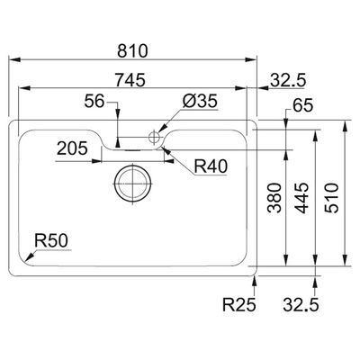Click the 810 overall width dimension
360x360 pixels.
[x=132, y=51]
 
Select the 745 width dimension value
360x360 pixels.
[x=130, y=80]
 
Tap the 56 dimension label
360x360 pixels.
[x=94, y=101]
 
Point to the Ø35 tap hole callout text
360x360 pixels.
[x=200, y=102]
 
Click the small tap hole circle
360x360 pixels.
[x=154, y=137]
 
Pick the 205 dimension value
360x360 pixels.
[x=72, y=148]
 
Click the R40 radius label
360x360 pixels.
[x=211, y=166]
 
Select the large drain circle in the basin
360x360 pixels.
[x=132, y=183]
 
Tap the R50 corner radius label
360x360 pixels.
[x=51, y=241]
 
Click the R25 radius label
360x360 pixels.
[x=239, y=305]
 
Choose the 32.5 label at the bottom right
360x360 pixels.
[x=301, y=305]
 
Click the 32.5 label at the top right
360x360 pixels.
[x=288, y=80]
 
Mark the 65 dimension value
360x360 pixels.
[x=303, y=105]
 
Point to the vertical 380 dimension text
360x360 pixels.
[x=274, y=198]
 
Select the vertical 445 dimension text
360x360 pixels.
[x=301, y=198]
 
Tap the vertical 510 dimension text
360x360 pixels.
[x=332, y=198]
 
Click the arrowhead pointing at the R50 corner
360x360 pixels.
[x=29, y=257]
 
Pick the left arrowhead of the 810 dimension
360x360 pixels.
[x=13, y=59]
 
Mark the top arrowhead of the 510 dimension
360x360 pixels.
[x=345, y=126]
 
